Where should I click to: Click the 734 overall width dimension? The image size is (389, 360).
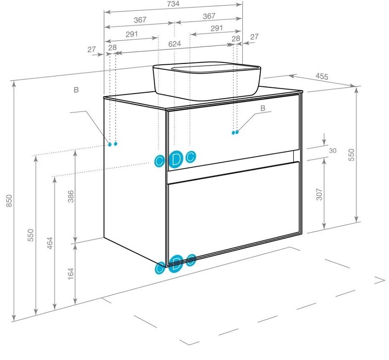(173, 4)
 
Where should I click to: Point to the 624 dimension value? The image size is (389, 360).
(174, 44)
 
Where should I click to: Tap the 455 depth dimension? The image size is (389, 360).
(322, 76)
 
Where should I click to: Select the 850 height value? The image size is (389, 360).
(9, 201)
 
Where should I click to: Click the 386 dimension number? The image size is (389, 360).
(71, 196)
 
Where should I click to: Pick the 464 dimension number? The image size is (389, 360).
(50, 243)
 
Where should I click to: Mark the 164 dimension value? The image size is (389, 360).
(71, 274)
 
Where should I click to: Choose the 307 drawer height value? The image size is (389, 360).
(319, 194)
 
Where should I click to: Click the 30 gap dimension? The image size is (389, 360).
(333, 151)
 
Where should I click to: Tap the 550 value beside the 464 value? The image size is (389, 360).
(30, 235)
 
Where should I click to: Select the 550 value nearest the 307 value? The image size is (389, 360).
(351, 155)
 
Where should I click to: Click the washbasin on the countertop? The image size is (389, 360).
(206, 81)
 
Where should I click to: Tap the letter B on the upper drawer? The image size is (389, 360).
(263, 108)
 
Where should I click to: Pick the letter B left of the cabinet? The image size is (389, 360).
(76, 90)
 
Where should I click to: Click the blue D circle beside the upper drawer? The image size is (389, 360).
(176, 159)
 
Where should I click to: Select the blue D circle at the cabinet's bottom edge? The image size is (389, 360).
(176, 263)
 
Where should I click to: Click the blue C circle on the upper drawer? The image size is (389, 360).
(191, 157)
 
